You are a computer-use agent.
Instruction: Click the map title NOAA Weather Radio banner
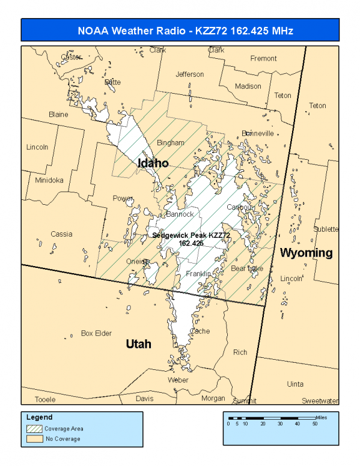tap(180, 30)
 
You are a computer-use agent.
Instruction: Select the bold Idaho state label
tap(153, 163)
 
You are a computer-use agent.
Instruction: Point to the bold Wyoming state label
tap(307, 252)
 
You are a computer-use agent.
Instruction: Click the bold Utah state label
tap(138, 343)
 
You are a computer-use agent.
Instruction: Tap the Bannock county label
tap(180, 214)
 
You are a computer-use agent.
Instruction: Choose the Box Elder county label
tap(96, 333)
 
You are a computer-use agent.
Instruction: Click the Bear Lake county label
tap(247, 268)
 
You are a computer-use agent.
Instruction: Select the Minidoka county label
tap(49, 180)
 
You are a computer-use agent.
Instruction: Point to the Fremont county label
tap(264, 58)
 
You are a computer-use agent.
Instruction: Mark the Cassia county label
tap(61, 234)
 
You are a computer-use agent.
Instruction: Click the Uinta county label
tap(295, 384)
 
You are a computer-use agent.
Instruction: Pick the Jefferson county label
tap(189, 74)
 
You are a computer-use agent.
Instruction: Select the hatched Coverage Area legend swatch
tap(34, 429)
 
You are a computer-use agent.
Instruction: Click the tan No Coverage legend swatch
tap(34, 439)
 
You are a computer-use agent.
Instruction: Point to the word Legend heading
tap(39, 417)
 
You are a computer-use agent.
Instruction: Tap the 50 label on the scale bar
tap(314, 424)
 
